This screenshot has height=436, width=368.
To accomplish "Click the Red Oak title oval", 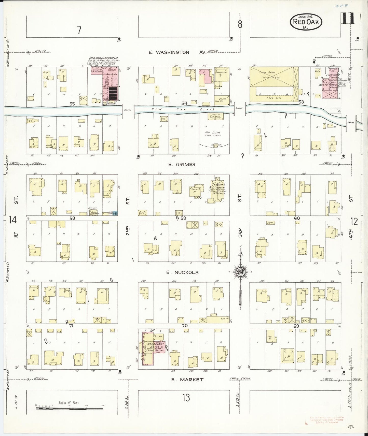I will pos(306,22).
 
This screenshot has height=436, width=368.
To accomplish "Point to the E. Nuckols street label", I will pos(182,272).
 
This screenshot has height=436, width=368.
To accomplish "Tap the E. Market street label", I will pos(187,380).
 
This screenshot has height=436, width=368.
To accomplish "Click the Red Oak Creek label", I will pos(183,109).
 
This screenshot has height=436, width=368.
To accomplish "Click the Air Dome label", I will pos(213,133).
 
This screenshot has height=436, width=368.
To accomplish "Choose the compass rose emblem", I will pos(240,272).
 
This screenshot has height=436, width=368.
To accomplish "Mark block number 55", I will pos(72,104).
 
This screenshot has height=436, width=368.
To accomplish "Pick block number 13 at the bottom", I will pos(186,398).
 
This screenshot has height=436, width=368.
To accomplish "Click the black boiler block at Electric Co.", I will pos(113,93).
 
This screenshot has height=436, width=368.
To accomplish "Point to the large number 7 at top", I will pos(79,31).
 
